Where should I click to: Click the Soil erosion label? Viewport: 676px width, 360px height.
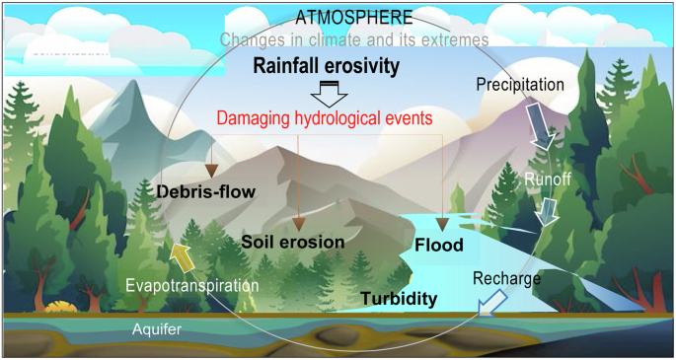[292, 241]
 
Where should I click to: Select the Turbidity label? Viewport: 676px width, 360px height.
[399, 298]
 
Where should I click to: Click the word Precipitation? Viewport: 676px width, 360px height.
[519, 84]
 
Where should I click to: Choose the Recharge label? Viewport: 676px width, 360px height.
[507, 279]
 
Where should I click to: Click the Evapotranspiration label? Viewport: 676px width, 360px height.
[191, 286]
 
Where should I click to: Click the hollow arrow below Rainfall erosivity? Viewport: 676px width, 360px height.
[326, 94]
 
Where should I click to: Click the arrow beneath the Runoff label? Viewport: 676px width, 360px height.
[546, 211]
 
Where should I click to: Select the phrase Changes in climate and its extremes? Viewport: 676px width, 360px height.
[354, 39]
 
